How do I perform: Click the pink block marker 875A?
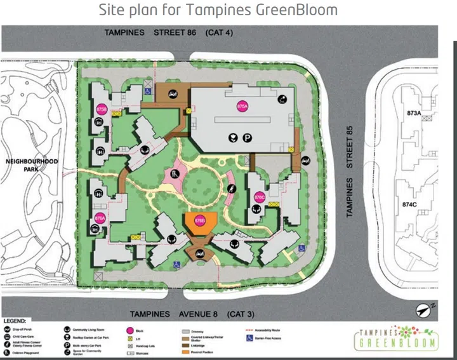click(241, 106)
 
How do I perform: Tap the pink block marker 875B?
click(102, 109)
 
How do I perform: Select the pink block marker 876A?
click(100, 217)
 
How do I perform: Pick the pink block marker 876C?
click(259, 197)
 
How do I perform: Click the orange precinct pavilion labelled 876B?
click(199, 223)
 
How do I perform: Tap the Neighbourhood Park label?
click(32, 165)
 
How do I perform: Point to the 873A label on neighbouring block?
click(414, 112)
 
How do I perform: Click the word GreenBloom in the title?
click(294, 11)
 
